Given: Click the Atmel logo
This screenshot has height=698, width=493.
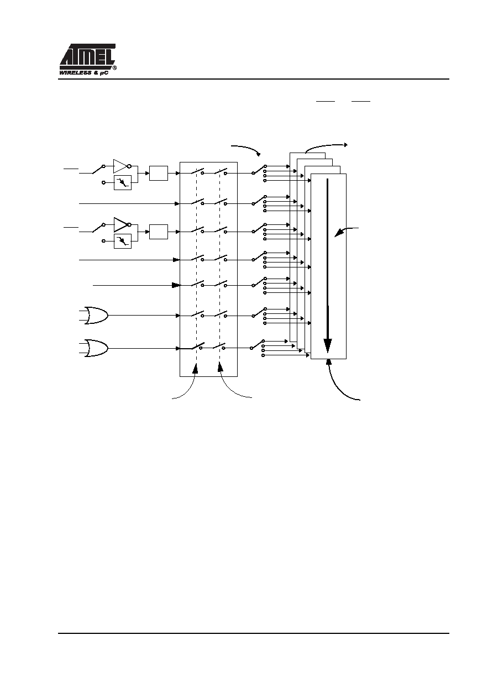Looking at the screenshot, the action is (x=87, y=56).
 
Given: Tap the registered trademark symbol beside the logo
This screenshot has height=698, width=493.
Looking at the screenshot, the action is (x=114, y=67).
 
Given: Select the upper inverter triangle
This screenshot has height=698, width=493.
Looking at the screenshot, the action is (x=120, y=166).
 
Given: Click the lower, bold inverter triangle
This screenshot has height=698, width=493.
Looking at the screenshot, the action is (x=120, y=225).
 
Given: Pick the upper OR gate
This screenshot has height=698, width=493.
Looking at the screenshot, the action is (x=96, y=316).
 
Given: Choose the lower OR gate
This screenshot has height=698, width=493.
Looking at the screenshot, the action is (x=96, y=348).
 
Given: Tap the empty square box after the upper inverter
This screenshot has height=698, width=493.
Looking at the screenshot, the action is (x=159, y=173).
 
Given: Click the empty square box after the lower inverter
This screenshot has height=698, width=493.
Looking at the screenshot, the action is (x=159, y=232).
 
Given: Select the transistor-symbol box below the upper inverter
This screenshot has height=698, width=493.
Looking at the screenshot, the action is (x=123, y=182).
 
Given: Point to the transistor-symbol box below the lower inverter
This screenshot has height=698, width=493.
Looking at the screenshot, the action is (x=123, y=241).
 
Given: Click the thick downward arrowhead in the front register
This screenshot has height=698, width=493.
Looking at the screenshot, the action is (x=328, y=345).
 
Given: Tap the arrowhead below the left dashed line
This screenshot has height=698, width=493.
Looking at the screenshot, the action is (x=196, y=369).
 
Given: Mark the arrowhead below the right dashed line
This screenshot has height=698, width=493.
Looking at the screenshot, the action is (x=221, y=367).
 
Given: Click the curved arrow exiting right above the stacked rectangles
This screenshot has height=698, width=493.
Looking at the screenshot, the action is (x=326, y=147).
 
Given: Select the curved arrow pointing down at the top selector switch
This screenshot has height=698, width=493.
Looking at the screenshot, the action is (x=246, y=148).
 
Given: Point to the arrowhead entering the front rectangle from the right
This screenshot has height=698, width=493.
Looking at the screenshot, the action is (x=338, y=234).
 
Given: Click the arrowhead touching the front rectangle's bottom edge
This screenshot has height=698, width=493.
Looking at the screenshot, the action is (x=328, y=361).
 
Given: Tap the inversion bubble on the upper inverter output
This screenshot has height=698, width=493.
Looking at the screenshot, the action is (x=129, y=166).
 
